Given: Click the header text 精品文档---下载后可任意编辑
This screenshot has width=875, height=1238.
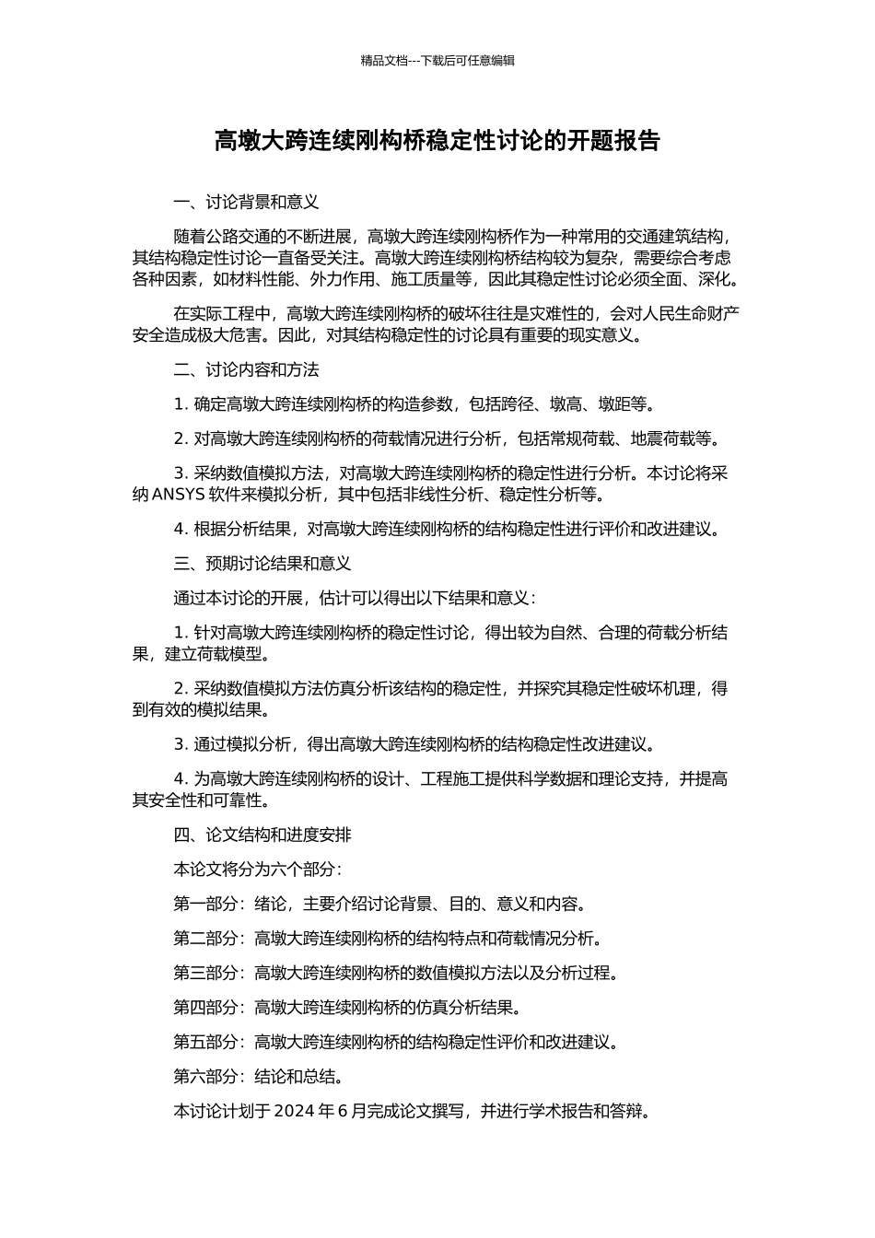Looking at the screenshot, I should point(437,61).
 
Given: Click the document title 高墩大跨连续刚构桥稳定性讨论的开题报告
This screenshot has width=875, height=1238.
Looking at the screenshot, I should point(437,141).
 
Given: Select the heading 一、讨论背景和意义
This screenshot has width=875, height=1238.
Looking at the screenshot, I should point(246,203).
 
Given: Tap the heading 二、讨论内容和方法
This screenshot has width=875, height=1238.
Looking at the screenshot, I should point(246,370).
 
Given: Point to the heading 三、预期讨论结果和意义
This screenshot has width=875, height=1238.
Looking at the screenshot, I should point(262,564).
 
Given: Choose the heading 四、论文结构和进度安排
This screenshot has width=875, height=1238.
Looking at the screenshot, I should point(262,835).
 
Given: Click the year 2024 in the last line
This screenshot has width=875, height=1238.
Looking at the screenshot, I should point(295,1111).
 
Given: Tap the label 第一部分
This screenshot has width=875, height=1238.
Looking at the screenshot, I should point(205,905).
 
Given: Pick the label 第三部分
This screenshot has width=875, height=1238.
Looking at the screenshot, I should point(205,974).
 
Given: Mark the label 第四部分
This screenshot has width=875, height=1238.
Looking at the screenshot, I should point(205,1008).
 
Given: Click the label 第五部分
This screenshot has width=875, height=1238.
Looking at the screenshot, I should point(205,1043).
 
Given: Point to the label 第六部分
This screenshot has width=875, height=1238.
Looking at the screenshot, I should point(205,1077).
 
